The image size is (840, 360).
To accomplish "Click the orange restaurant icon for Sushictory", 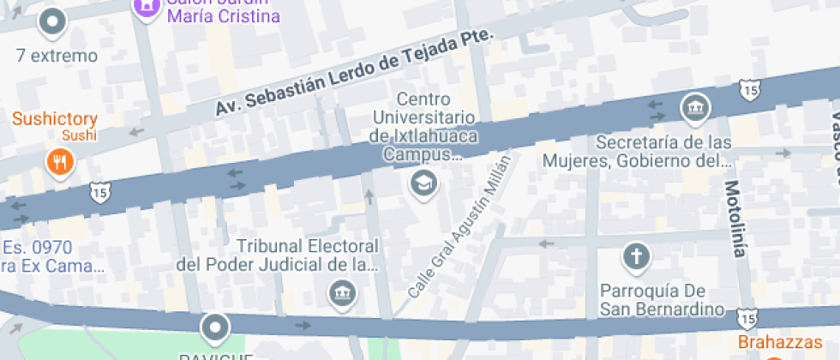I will tap(59, 161).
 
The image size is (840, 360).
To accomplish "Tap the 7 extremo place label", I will tap(57, 57).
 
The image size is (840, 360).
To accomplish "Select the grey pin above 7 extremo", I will tap(53, 22).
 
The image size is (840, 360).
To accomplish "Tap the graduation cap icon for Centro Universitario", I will tap(423, 183).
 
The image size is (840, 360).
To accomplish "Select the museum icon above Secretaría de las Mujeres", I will tap(694, 108).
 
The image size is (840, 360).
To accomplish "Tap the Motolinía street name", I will tap(735, 219).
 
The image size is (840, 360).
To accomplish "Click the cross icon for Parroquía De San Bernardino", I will tap(637, 255).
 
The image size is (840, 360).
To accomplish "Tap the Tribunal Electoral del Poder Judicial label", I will tap(278, 255).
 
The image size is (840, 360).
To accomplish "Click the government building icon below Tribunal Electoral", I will tap(343, 293).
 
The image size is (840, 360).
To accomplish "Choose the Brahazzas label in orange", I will tap(788, 342).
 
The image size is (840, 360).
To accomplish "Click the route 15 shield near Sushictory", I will tap(97, 193).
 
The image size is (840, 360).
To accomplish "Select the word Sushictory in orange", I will tap(55, 119).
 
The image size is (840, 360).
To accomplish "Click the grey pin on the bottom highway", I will tap(214, 327).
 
